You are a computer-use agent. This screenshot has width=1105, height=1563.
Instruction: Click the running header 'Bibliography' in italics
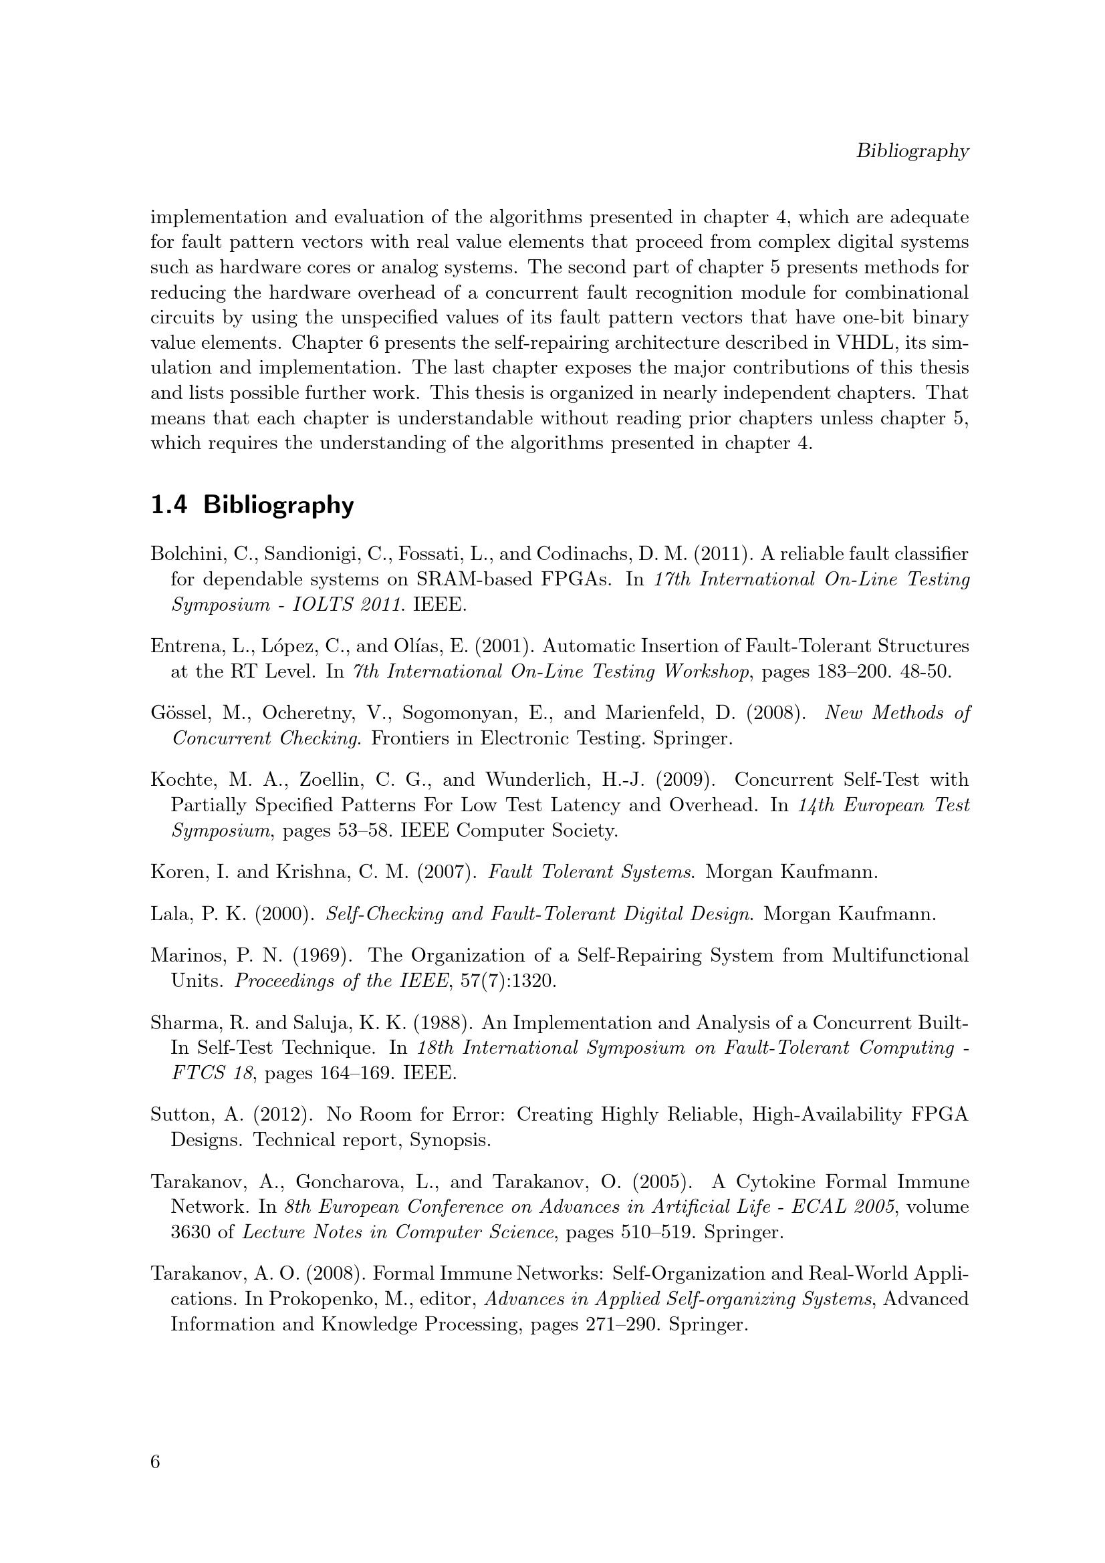pyautogui.click(x=912, y=151)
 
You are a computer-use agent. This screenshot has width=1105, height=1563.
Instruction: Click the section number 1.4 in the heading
pyautogui.click(x=168, y=506)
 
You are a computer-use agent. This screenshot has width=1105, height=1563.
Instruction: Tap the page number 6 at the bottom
pyautogui.click(x=155, y=1461)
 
